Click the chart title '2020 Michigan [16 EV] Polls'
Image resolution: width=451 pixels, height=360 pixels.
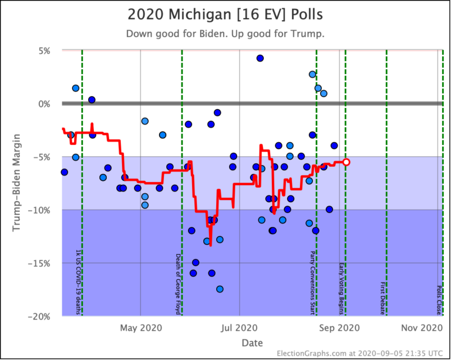point(225,13)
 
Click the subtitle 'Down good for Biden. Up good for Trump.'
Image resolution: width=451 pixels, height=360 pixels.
point(225,33)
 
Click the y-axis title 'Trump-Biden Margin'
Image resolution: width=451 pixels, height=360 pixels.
point(17,183)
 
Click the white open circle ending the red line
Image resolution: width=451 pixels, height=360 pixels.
point(346,162)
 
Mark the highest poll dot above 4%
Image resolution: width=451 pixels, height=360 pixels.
point(260,58)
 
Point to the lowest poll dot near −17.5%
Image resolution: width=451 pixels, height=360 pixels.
point(220,289)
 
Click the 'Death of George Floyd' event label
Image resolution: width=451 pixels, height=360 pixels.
point(178,284)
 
